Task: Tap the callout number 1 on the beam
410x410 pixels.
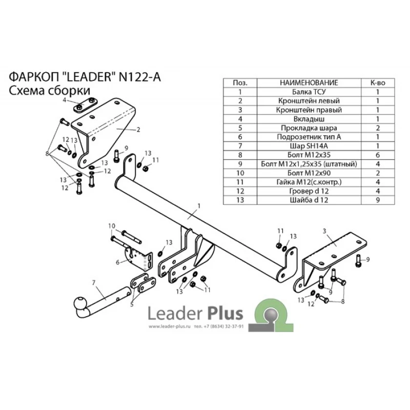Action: pos(199,206)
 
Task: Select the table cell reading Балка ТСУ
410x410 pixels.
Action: pos(309,92)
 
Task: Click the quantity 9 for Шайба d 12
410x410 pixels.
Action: pos(378,200)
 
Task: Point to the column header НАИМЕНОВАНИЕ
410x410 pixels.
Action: pos(309,83)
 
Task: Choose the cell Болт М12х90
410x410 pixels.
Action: pos(309,173)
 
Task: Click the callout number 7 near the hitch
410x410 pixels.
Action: pos(94,282)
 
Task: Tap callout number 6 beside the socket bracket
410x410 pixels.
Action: pos(118,262)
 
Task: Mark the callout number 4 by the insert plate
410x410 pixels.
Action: pos(65,100)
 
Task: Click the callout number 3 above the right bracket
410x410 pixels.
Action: pos(324,231)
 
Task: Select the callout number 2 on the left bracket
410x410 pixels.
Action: pos(138,129)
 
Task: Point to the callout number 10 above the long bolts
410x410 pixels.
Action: pos(112,225)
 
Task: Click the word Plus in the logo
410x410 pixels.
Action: pos(225,313)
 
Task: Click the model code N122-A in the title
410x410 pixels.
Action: pos(140,77)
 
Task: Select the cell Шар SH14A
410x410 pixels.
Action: pos(309,146)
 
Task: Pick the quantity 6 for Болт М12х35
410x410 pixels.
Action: pos(378,155)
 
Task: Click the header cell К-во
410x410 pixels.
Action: pos(378,83)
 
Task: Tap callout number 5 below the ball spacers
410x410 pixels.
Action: pos(132,304)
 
